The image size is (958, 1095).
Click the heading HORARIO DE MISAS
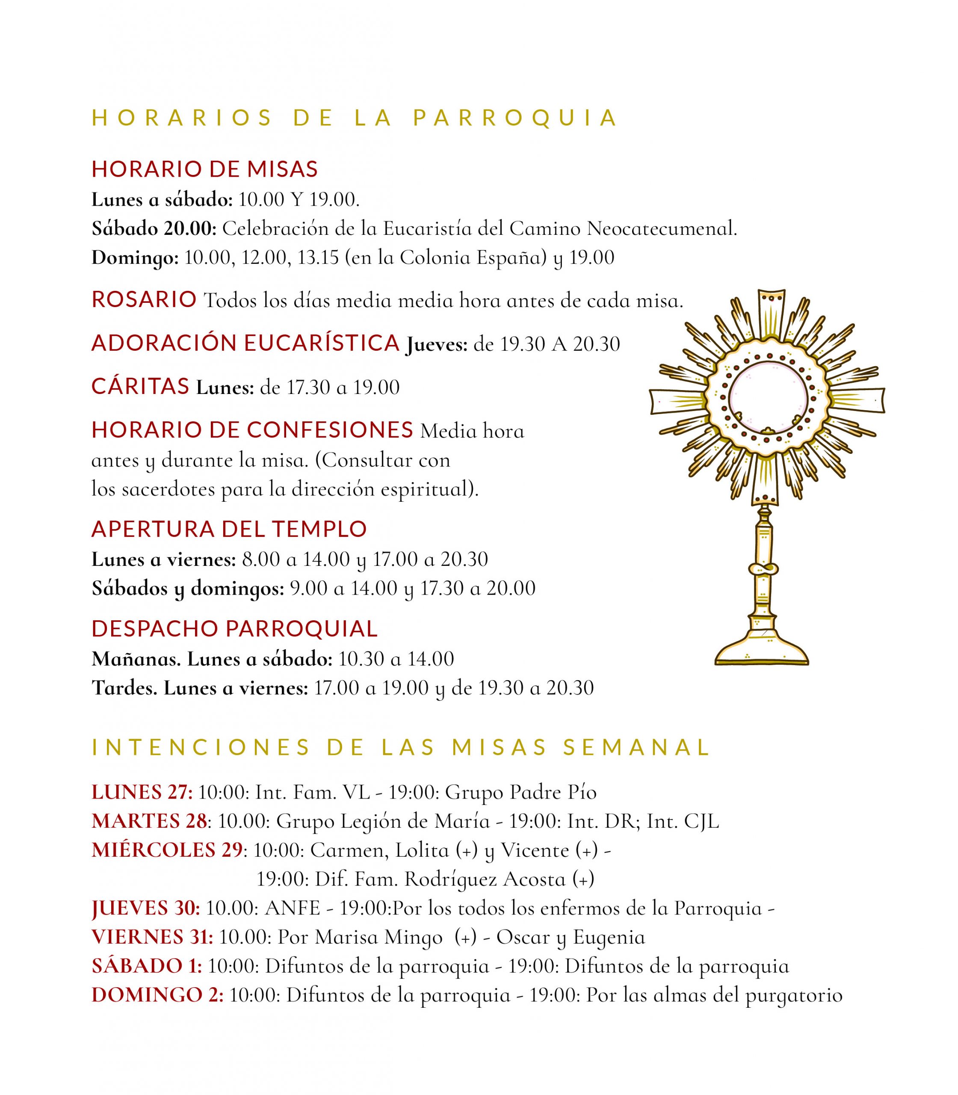click(205, 169)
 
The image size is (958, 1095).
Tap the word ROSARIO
click(145, 300)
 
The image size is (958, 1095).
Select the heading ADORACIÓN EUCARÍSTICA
click(245, 343)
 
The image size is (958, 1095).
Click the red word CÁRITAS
click(141, 386)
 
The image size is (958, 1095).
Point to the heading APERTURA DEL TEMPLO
click(229, 530)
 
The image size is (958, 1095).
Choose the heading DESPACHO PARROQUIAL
click(235, 629)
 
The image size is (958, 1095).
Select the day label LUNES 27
click(142, 792)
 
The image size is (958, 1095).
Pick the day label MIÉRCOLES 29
click(167, 850)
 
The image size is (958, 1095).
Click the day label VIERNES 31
click(152, 937)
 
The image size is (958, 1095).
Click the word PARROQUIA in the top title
click(515, 118)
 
